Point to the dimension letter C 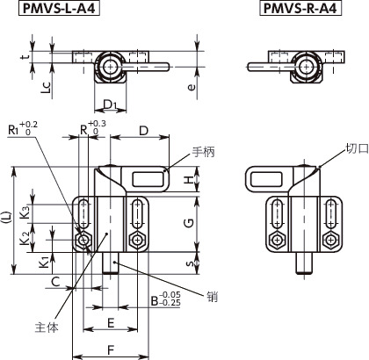(55, 281)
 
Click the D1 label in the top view (110, 105)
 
